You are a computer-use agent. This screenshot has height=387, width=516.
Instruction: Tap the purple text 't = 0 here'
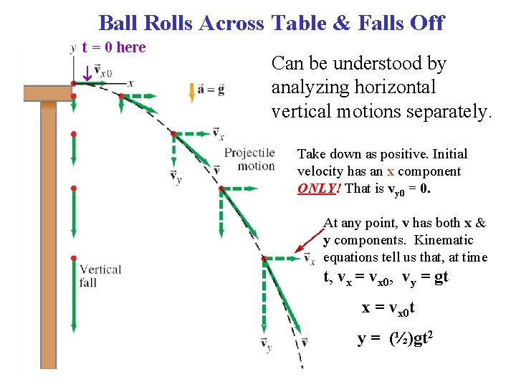coord(114,47)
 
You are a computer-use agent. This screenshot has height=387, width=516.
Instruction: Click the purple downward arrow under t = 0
coord(86,73)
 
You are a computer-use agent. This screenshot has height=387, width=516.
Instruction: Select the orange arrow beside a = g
coord(191,90)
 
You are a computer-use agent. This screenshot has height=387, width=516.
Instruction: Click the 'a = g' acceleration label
coord(211,90)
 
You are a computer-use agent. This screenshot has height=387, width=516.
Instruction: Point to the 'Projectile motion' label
coord(249,159)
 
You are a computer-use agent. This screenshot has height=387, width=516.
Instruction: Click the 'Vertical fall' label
coord(100,276)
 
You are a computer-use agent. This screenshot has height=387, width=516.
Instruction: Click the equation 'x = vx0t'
coord(388,307)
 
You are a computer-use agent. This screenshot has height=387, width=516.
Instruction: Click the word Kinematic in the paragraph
coord(444,240)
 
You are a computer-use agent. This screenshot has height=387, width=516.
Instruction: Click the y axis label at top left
coord(73,49)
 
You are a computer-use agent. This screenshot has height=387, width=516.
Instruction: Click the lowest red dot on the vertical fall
coord(74,257)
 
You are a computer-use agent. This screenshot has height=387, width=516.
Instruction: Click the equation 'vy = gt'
coord(425,277)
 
